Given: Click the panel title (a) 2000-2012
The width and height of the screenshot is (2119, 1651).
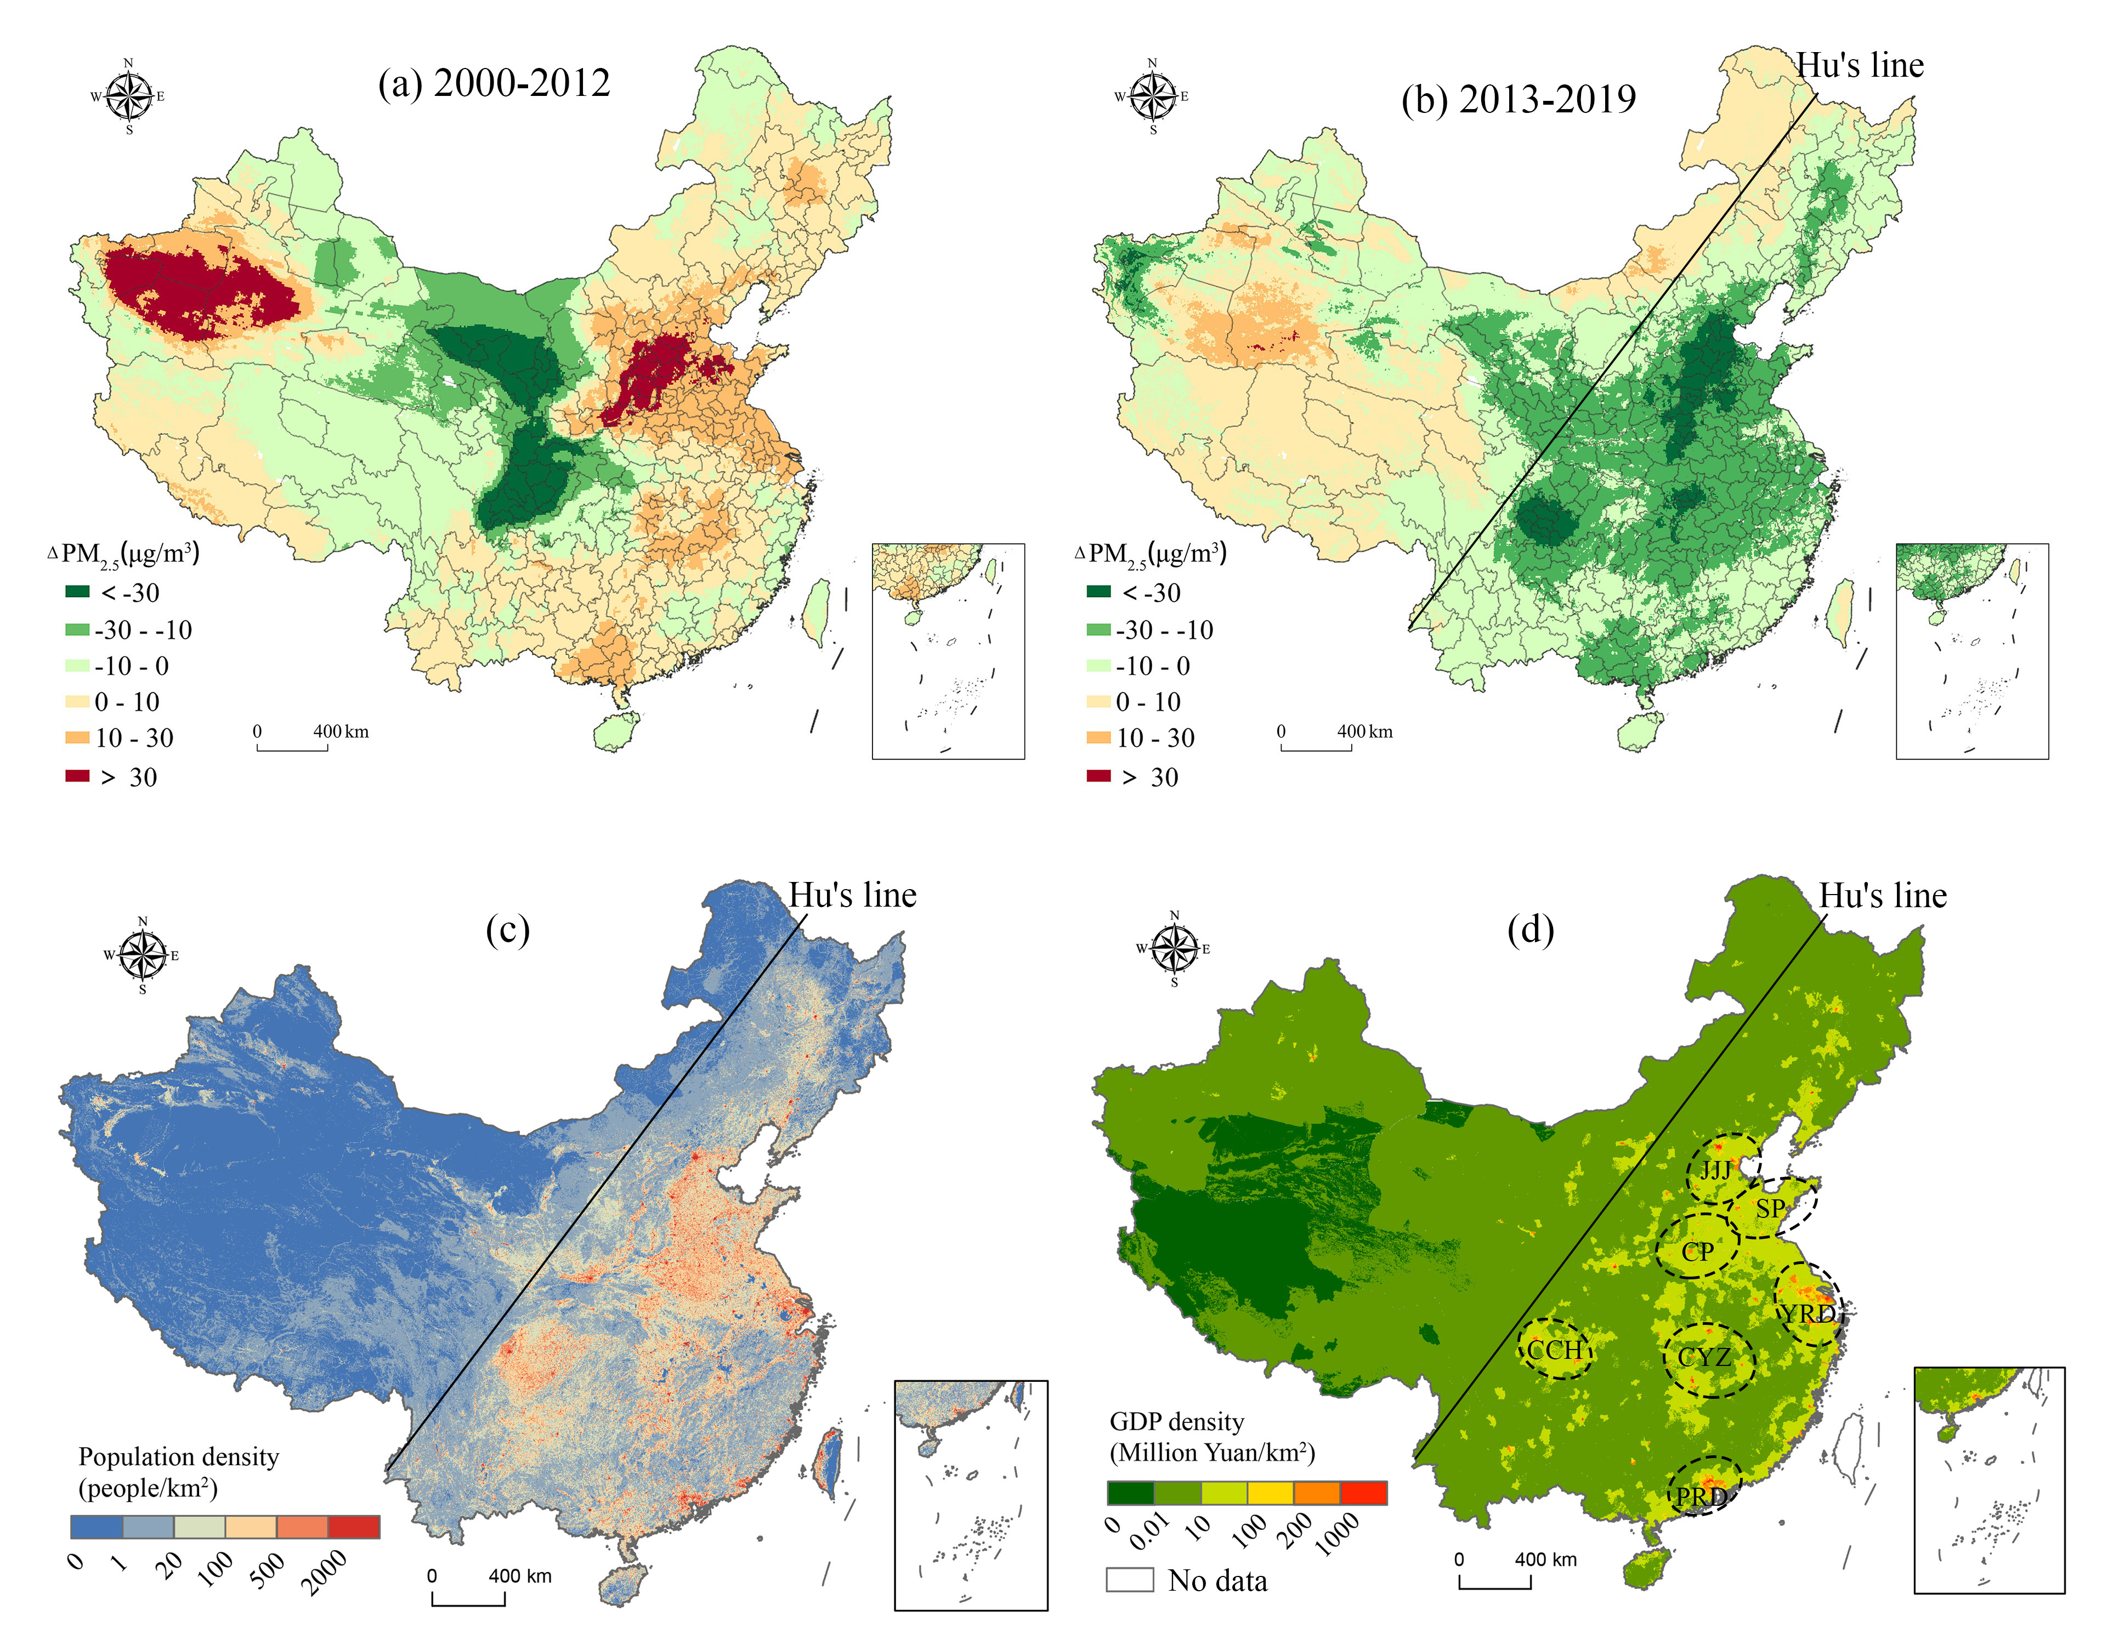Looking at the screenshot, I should [494, 83].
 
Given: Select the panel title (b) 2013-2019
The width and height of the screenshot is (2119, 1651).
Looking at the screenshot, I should [1519, 99].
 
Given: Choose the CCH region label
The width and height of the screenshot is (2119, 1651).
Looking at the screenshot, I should [1554, 1350].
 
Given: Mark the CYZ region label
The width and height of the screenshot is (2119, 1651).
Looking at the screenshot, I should [1705, 1357].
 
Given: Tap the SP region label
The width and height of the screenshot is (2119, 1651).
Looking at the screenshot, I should [1771, 1209].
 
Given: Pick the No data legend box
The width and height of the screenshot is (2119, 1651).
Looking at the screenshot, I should [1129, 1580].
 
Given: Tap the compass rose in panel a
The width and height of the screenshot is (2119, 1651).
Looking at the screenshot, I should [129, 96].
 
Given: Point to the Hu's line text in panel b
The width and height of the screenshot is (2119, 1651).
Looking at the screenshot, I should [1859, 65].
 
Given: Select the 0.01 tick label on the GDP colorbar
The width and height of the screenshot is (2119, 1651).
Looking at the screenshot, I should [1151, 1531].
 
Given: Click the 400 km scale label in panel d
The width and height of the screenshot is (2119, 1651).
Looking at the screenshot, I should [1545, 1560].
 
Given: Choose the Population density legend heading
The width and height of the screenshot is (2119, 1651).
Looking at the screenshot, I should [179, 1457].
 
